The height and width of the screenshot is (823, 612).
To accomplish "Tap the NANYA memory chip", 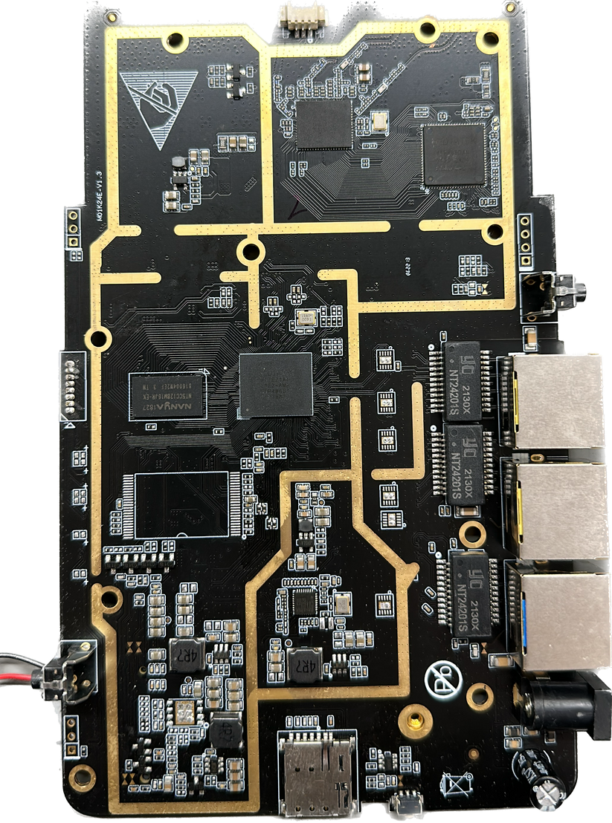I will [x=168, y=397].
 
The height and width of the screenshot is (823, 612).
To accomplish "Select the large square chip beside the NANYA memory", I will [x=275, y=383].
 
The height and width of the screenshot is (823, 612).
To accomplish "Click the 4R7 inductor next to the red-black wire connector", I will [x=180, y=653].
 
